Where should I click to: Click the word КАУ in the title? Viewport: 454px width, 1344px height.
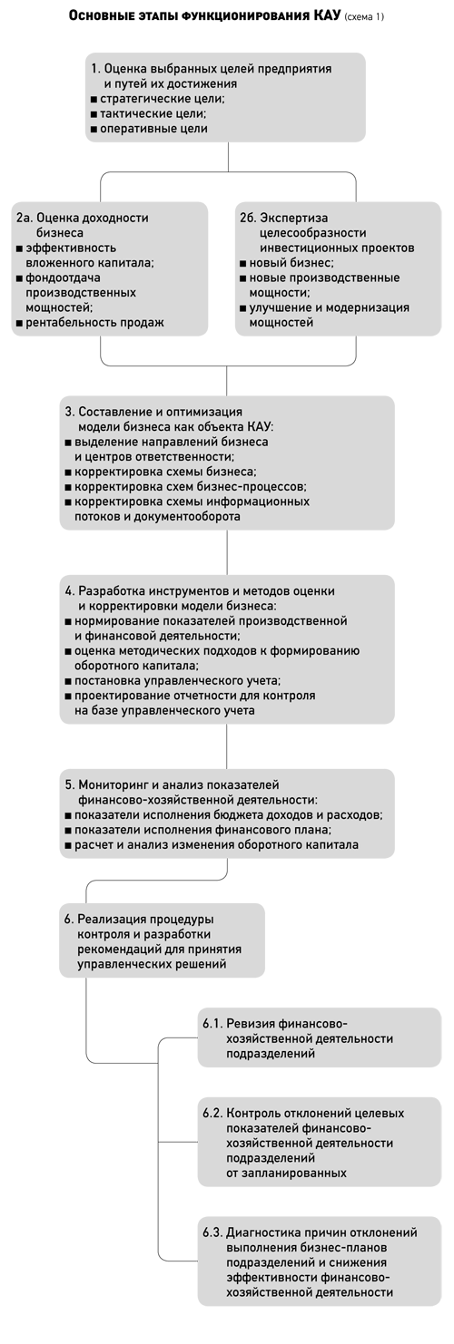[x=327, y=15]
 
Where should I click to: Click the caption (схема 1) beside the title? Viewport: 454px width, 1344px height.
[x=364, y=17]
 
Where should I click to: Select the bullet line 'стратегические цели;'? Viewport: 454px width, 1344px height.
[x=158, y=99]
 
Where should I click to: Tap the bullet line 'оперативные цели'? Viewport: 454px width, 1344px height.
[x=150, y=129]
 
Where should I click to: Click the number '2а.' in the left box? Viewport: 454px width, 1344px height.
[x=25, y=218]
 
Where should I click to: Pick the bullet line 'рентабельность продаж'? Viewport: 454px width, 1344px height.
[x=90, y=323]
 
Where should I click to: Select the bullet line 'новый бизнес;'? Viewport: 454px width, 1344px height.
[x=287, y=263]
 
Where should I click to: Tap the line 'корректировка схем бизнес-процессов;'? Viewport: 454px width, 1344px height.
[x=186, y=487]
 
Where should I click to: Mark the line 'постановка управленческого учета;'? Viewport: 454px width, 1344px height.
[x=173, y=681]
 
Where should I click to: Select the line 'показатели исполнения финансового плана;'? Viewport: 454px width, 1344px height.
[x=198, y=830]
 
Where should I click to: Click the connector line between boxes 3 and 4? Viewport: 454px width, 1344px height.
[x=227, y=552]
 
